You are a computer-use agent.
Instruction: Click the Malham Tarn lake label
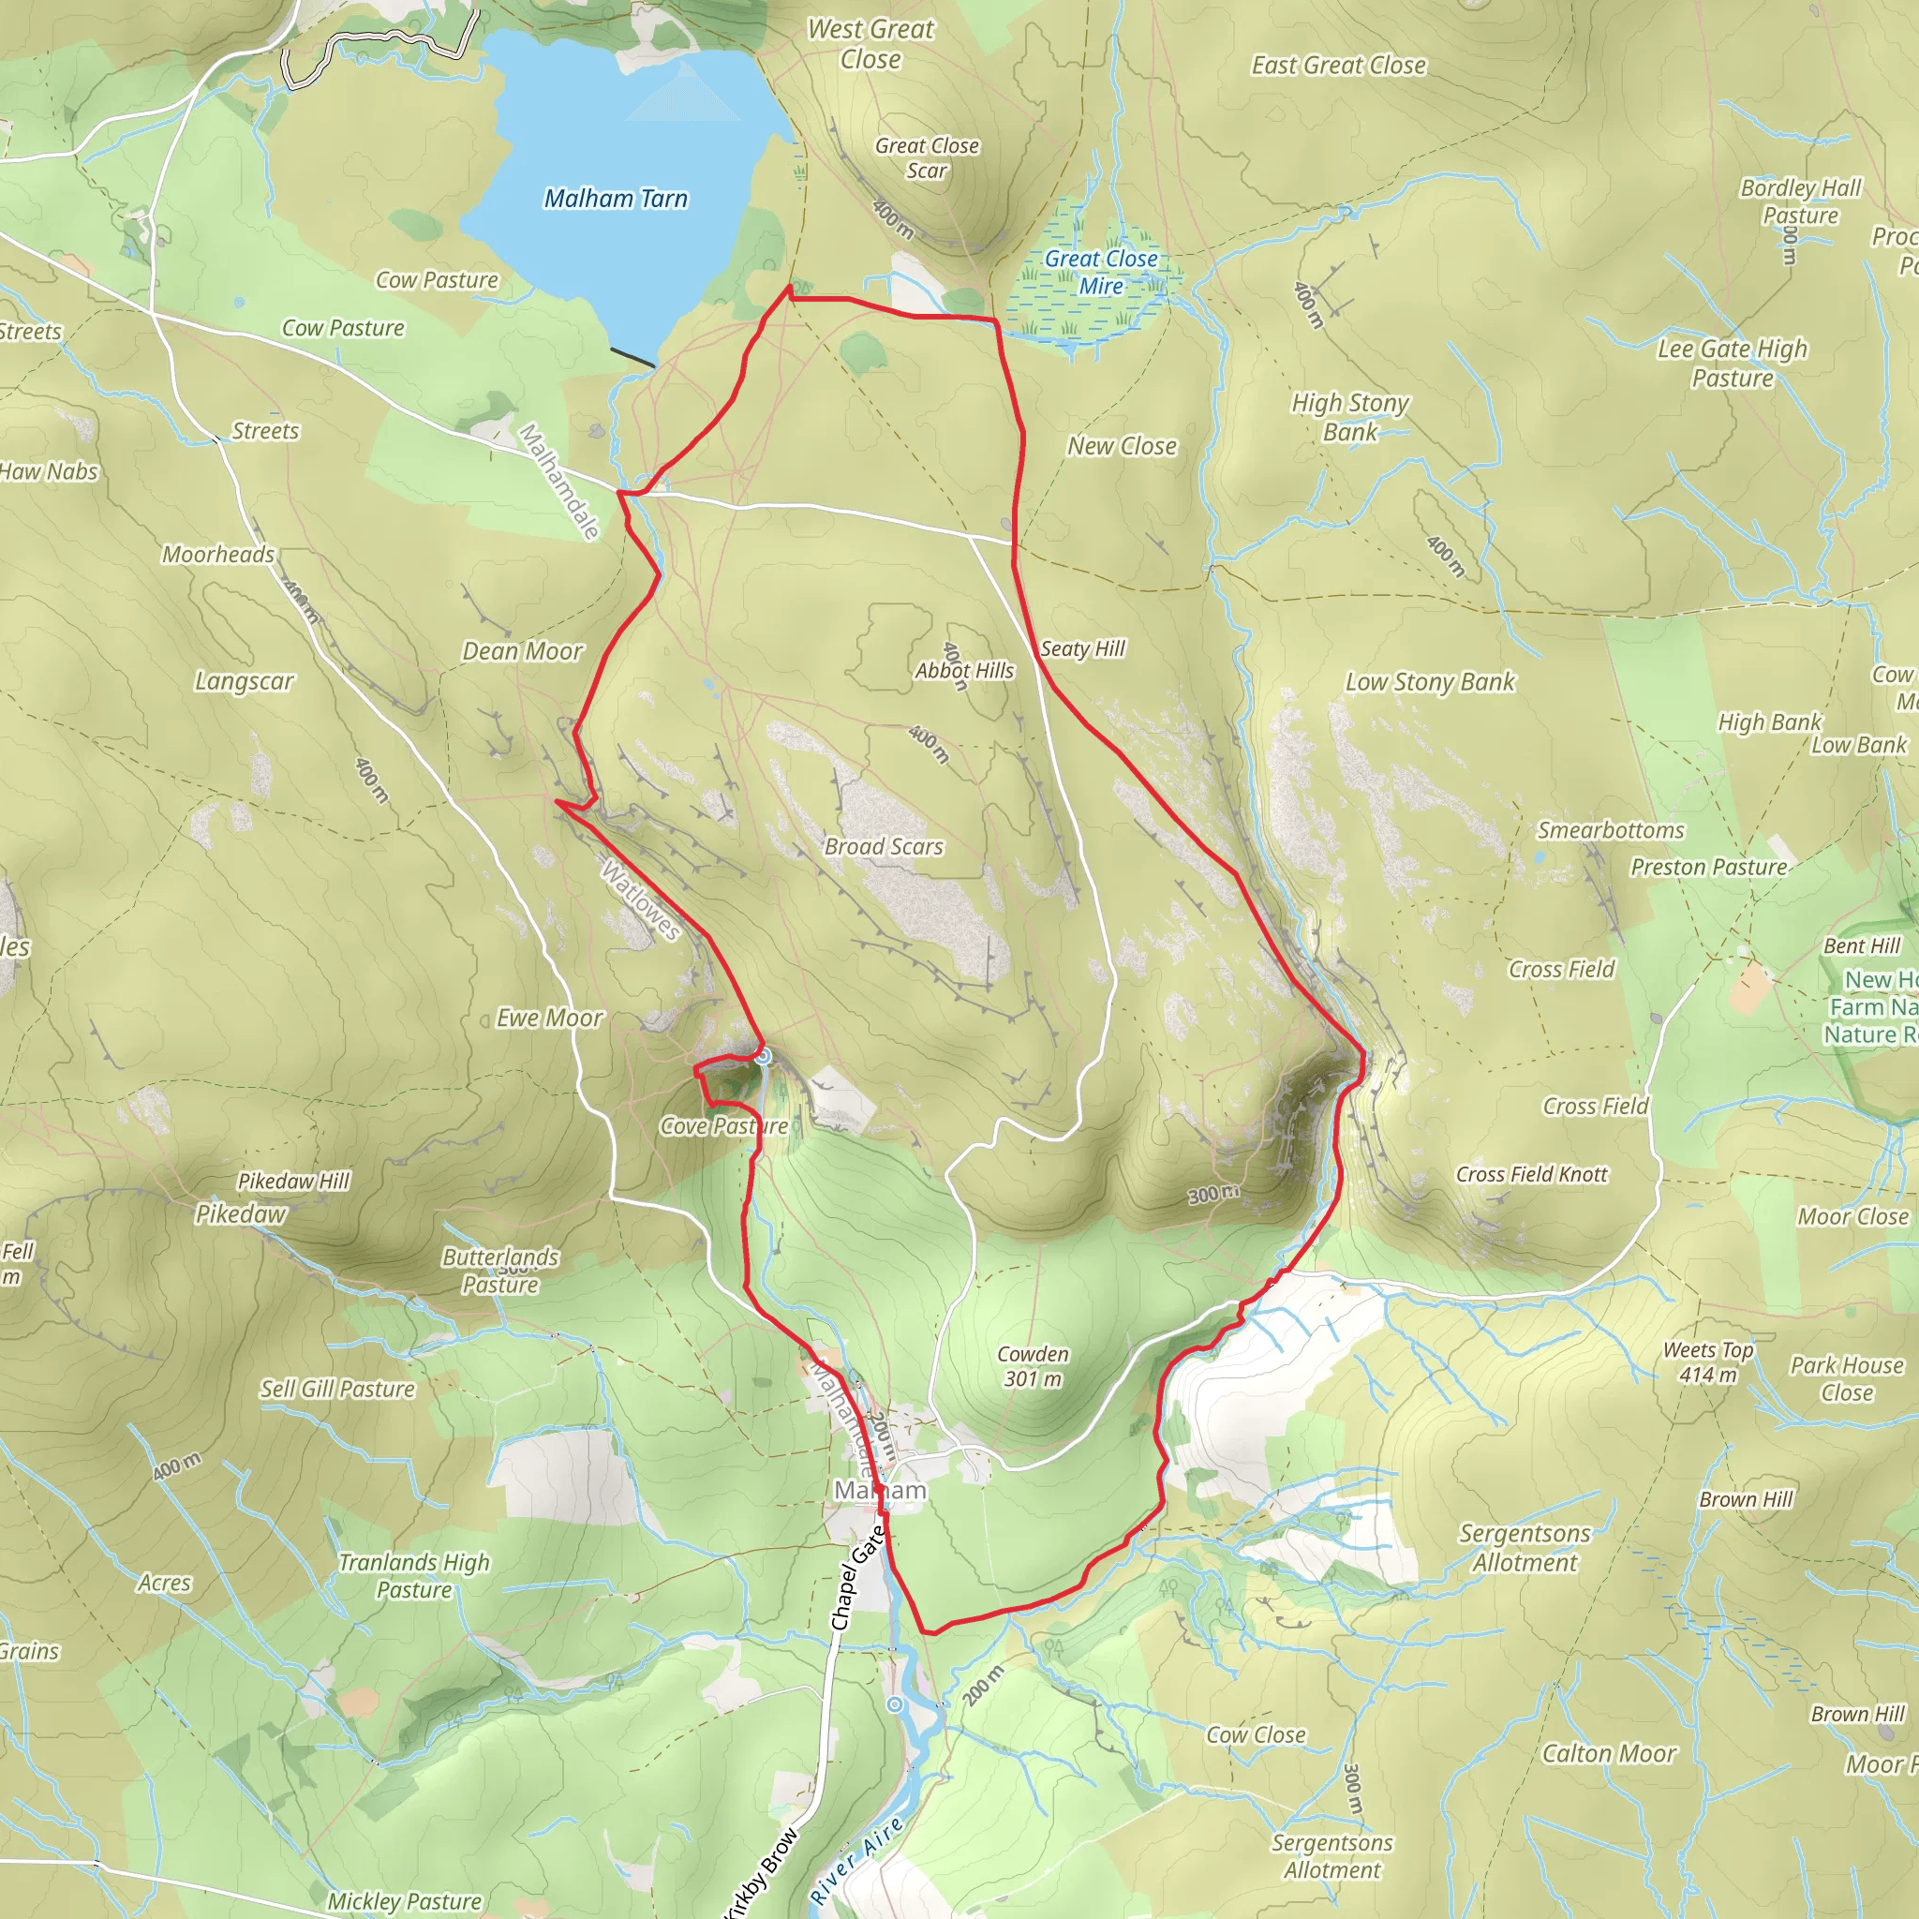tap(616, 199)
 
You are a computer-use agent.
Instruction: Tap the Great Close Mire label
tap(1101, 272)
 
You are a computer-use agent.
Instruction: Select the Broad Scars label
tap(883, 846)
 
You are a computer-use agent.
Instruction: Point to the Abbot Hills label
tap(964, 671)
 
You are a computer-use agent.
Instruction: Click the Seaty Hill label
tap(1082, 648)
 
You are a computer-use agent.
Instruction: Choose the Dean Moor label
tap(523, 650)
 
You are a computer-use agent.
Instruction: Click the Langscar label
tap(245, 680)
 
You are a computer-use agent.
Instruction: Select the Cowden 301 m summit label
tap(1033, 1366)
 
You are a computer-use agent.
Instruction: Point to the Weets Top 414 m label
tap(1708, 1361)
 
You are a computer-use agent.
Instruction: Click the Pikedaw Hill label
tap(294, 1181)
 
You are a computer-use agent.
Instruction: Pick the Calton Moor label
tap(1609, 1753)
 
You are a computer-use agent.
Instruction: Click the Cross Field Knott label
tap(1532, 1174)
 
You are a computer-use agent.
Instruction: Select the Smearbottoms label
tap(1611, 830)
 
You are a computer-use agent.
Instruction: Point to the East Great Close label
tap(1338, 66)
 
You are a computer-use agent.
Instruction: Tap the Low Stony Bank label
tap(1430, 681)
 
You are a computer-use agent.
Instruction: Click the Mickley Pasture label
tap(404, 1901)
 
